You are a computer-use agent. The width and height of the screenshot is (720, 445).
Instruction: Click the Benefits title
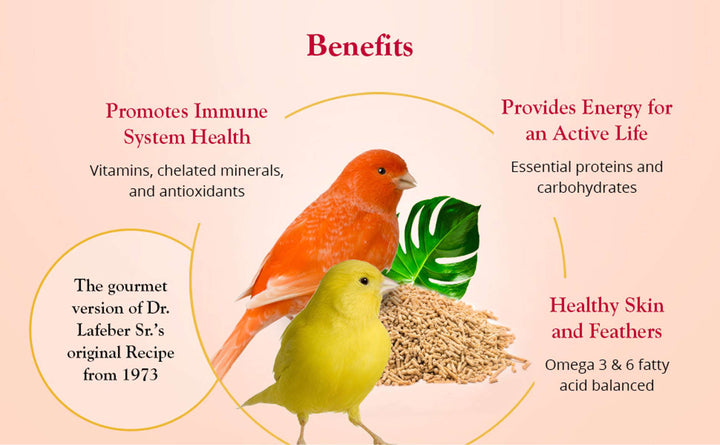point(359,46)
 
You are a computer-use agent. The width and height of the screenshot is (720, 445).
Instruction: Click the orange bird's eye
point(381,170)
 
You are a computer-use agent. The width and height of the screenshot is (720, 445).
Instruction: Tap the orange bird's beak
point(405,181)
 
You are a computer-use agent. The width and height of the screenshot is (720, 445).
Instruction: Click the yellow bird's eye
point(363,282)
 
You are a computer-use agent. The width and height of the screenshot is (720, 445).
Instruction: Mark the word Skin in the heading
point(638,305)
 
